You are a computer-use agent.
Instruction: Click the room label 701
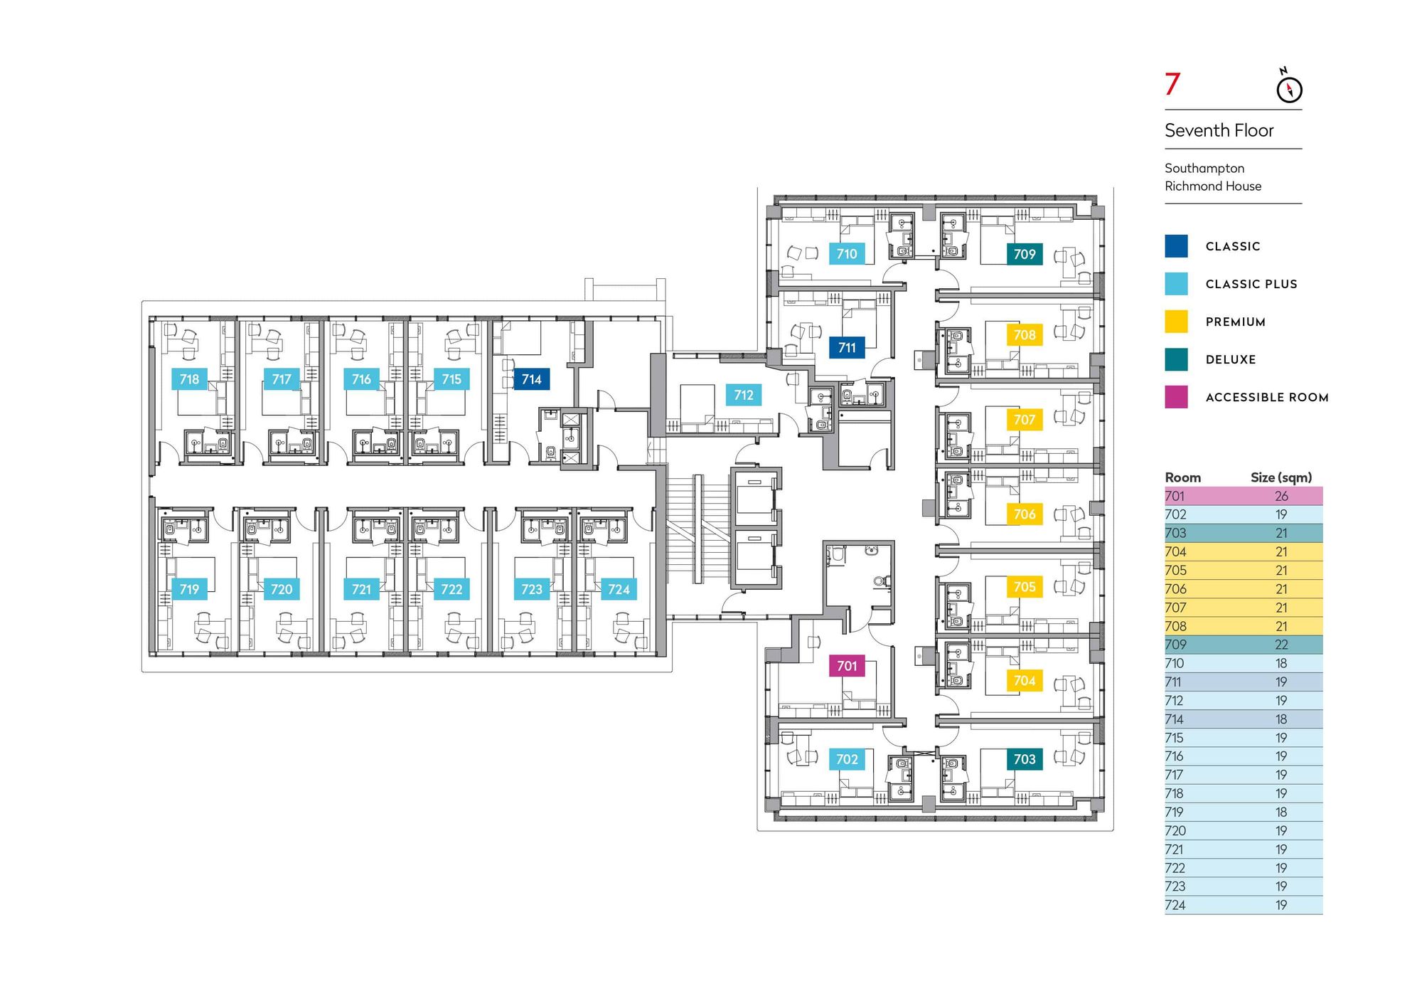[x=846, y=666]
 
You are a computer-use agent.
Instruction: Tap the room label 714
[x=531, y=379]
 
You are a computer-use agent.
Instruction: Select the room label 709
[x=1024, y=254]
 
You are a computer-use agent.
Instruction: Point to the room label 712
[x=743, y=395]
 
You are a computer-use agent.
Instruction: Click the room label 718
[x=189, y=379]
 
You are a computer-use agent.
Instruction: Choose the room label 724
[x=619, y=589]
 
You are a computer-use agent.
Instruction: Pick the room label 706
[x=1024, y=514]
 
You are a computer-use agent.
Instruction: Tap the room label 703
[x=1024, y=759]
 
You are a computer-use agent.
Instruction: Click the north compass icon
[x=1289, y=88]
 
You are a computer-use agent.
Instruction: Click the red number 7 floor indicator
[x=1172, y=85]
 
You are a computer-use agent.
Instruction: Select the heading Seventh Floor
[x=1219, y=131]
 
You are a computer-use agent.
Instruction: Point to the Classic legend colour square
[x=1176, y=246]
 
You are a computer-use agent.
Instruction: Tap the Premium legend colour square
[x=1176, y=322]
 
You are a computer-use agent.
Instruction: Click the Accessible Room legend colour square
[x=1176, y=397]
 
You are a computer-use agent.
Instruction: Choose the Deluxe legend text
[x=1230, y=360]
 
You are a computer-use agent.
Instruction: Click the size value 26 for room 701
[x=1281, y=496]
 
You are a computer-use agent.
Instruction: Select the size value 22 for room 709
[x=1281, y=645]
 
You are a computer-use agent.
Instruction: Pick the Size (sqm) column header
[x=1281, y=477]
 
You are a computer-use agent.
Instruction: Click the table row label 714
[x=1174, y=719]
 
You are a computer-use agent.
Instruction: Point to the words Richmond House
[x=1213, y=186]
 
